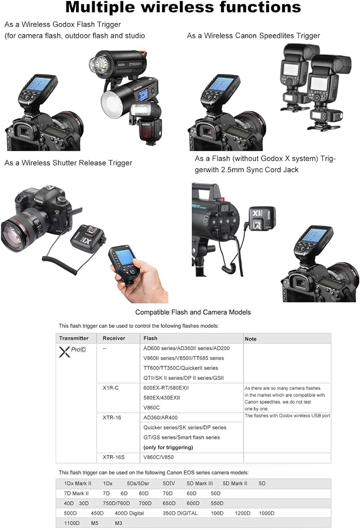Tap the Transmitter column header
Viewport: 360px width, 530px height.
point(74,338)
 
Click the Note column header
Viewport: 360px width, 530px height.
point(250,339)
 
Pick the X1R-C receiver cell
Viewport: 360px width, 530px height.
point(111,388)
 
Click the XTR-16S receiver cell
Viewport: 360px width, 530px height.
point(114,457)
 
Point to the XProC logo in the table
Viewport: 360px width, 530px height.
point(72,351)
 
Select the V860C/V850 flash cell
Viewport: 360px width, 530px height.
point(158,457)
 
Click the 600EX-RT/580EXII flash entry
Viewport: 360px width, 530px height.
point(166,388)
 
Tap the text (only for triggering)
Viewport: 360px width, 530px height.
point(168,447)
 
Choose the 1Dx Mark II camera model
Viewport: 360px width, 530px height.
point(77,483)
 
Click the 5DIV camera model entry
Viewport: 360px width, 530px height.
point(169,483)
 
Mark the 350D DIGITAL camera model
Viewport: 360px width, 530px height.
point(180,513)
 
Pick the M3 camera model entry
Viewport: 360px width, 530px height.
point(118,523)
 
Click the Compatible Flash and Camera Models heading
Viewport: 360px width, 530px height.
point(193,312)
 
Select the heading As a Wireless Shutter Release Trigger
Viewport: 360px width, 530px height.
point(68,163)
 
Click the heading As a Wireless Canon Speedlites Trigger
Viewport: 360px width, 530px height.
point(253,36)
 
